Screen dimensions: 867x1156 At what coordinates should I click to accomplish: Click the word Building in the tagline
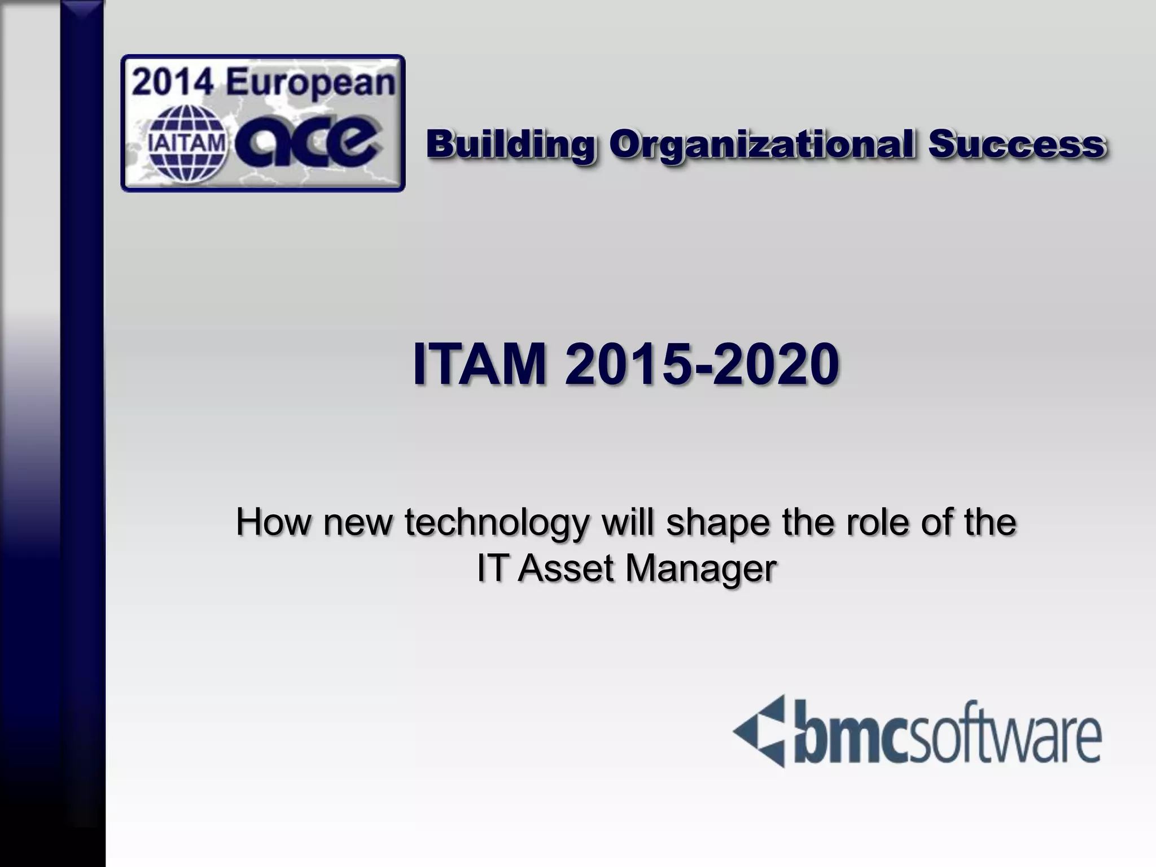pyautogui.click(x=510, y=144)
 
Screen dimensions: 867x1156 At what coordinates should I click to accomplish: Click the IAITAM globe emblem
pyautogui.click(x=186, y=144)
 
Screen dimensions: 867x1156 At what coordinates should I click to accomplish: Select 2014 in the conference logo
pyautogui.click(x=174, y=84)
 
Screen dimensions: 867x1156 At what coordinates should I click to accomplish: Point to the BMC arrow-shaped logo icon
pyautogui.click(x=759, y=732)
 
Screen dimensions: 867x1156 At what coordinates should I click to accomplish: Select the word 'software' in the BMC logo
pyautogui.click(x=1002, y=735)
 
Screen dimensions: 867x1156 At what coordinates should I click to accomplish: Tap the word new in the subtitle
pyautogui.click(x=357, y=523)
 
